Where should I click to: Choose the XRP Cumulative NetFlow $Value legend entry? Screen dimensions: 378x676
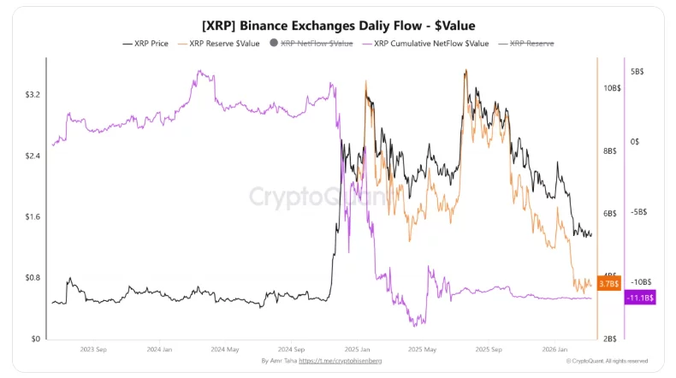pos(425,43)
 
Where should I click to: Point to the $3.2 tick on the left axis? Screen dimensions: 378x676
pos(31,94)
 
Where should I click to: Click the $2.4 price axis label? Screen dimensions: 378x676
pos(31,156)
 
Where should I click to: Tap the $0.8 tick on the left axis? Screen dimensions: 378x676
pos(31,278)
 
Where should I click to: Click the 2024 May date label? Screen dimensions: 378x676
pos(225,350)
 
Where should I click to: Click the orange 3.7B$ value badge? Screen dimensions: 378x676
pos(608,283)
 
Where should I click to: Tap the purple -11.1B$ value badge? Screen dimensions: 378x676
pos(640,298)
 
